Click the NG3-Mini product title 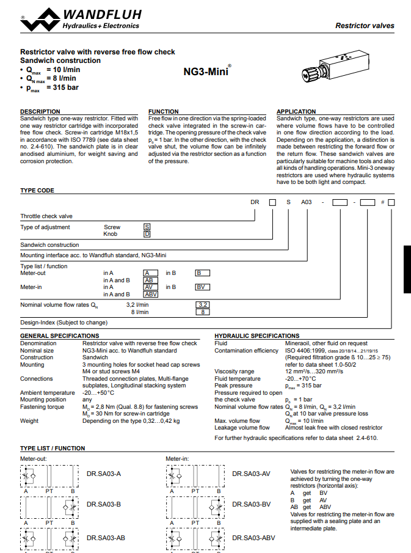click(x=206, y=71)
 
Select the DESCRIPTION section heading click(x=40, y=112)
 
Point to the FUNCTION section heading click(x=164, y=112)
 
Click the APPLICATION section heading click(x=296, y=112)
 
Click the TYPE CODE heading click(x=37, y=191)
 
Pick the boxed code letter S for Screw click(x=147, y=227)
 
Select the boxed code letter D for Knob click(x=147, y=233)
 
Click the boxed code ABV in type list click(x=150, y=294)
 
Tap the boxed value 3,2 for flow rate click(x=203, y=304)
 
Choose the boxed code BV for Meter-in click(x=203, y=287)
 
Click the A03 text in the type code click(x=307, y=202)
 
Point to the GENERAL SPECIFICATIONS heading click(x=59, y=336)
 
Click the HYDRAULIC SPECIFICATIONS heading click(x=257, y=336)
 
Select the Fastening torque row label click(x=42, y=406)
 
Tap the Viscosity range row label click(x=235, y=372)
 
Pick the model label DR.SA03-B click(x=104, y=504)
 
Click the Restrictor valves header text click(x=365, y=26)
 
